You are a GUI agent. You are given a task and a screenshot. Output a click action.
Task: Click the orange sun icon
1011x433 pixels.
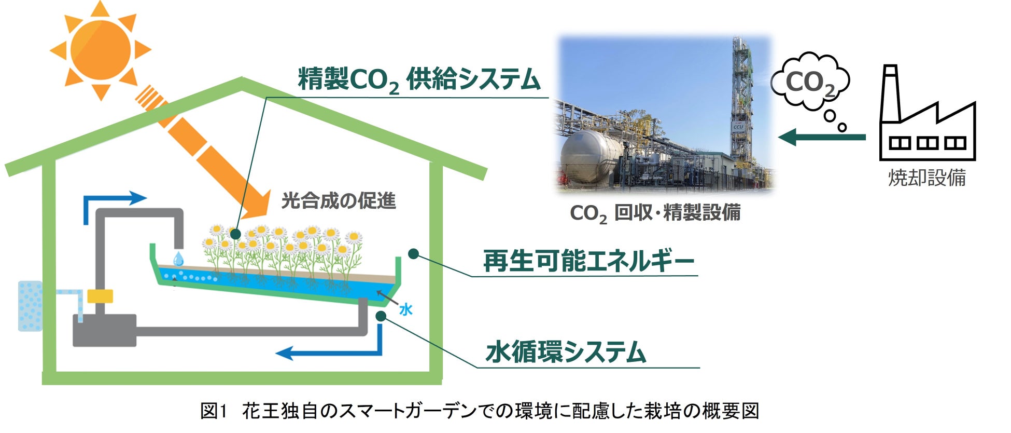coord(101,50)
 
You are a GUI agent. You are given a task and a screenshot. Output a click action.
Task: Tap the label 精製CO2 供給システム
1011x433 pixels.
coord(419,80)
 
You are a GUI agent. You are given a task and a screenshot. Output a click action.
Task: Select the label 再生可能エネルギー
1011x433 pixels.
coord(588,261)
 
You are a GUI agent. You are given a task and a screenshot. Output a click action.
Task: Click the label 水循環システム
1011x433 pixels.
coord(566,352)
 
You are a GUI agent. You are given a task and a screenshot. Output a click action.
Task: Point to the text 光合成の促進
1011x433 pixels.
coord(339,200)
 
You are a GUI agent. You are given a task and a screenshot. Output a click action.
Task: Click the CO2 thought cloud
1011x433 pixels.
coord(810,82)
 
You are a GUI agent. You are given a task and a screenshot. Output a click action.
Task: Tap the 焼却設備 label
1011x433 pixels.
coord(927,178)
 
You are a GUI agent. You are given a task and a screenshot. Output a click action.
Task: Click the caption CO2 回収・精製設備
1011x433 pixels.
coord(655,213)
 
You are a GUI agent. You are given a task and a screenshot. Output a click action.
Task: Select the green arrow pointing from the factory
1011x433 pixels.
coord(822,138)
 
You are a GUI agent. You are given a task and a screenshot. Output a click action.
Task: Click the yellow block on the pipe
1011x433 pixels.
coord(100,296)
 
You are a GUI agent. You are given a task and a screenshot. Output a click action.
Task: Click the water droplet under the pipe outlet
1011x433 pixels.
coord(178,259)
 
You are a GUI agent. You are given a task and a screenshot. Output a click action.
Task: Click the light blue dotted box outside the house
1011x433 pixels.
coord(30,306)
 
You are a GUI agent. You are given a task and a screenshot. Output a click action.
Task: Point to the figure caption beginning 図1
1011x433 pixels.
coord(480,411)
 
